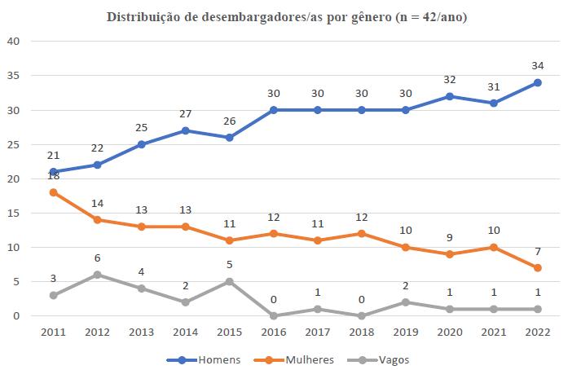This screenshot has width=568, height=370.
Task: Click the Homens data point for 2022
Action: (x=538, y=82)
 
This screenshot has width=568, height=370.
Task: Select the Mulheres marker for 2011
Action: (x=54, y=192)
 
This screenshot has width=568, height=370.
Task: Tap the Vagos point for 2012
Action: (x=98, y=275)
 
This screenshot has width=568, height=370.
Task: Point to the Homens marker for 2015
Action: (x=230, y=138)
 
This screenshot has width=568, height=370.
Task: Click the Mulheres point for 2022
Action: (x=538, y=267)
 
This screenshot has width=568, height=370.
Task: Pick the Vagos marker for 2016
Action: (x=274, y=315)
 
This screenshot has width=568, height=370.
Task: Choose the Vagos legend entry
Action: (x=367, y=359)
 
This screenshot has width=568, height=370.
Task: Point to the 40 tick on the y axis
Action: (x=15, y=41)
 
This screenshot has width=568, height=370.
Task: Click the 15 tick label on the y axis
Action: (x=15, y=213)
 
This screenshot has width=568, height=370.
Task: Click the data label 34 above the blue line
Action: (x=538, y=65)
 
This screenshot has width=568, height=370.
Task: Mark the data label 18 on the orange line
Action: (x=54, y=176)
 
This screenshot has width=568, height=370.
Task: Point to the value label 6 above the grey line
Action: (x=98, y=258)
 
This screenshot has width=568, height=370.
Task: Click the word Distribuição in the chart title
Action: (x=144, y=17)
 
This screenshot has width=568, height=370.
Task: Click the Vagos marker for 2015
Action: (x=230, y=281)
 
